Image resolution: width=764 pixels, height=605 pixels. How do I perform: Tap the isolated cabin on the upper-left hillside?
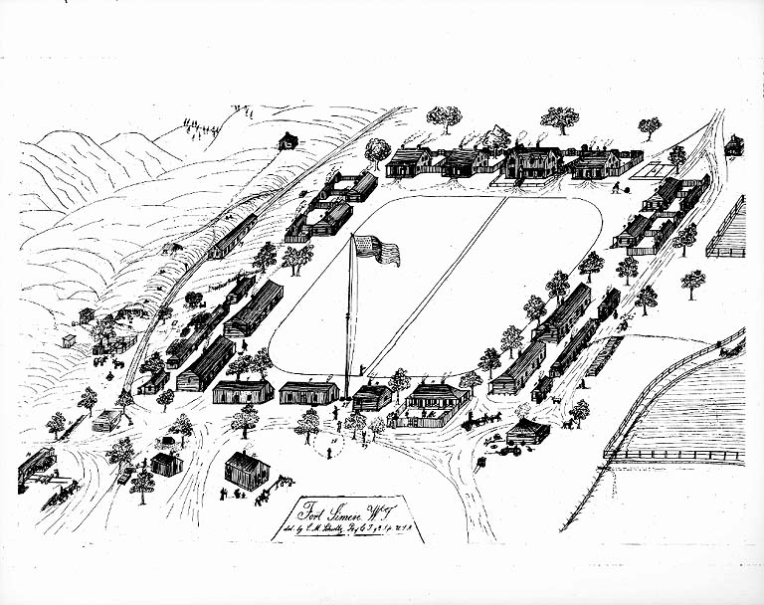click(x=287, y=141)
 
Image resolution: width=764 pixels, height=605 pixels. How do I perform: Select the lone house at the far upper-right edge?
click(x=734, y=145)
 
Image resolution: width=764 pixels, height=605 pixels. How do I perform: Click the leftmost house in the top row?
click(x=408, y=162)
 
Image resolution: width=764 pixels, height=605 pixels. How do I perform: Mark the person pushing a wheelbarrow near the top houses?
click(x=617, y=186)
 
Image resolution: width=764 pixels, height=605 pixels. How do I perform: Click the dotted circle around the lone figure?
click(x=329, y=447)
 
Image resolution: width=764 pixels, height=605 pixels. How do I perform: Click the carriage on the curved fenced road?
click(x=731, y=347)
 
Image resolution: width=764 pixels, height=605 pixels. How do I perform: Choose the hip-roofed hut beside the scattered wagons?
click(x=526, y=431)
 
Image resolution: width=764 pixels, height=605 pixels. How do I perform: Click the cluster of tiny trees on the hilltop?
click(x=199, y=124)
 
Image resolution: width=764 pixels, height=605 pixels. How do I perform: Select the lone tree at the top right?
click(x=650, y=127)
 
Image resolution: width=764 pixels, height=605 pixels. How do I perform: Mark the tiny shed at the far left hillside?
click(x=67, y=340)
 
